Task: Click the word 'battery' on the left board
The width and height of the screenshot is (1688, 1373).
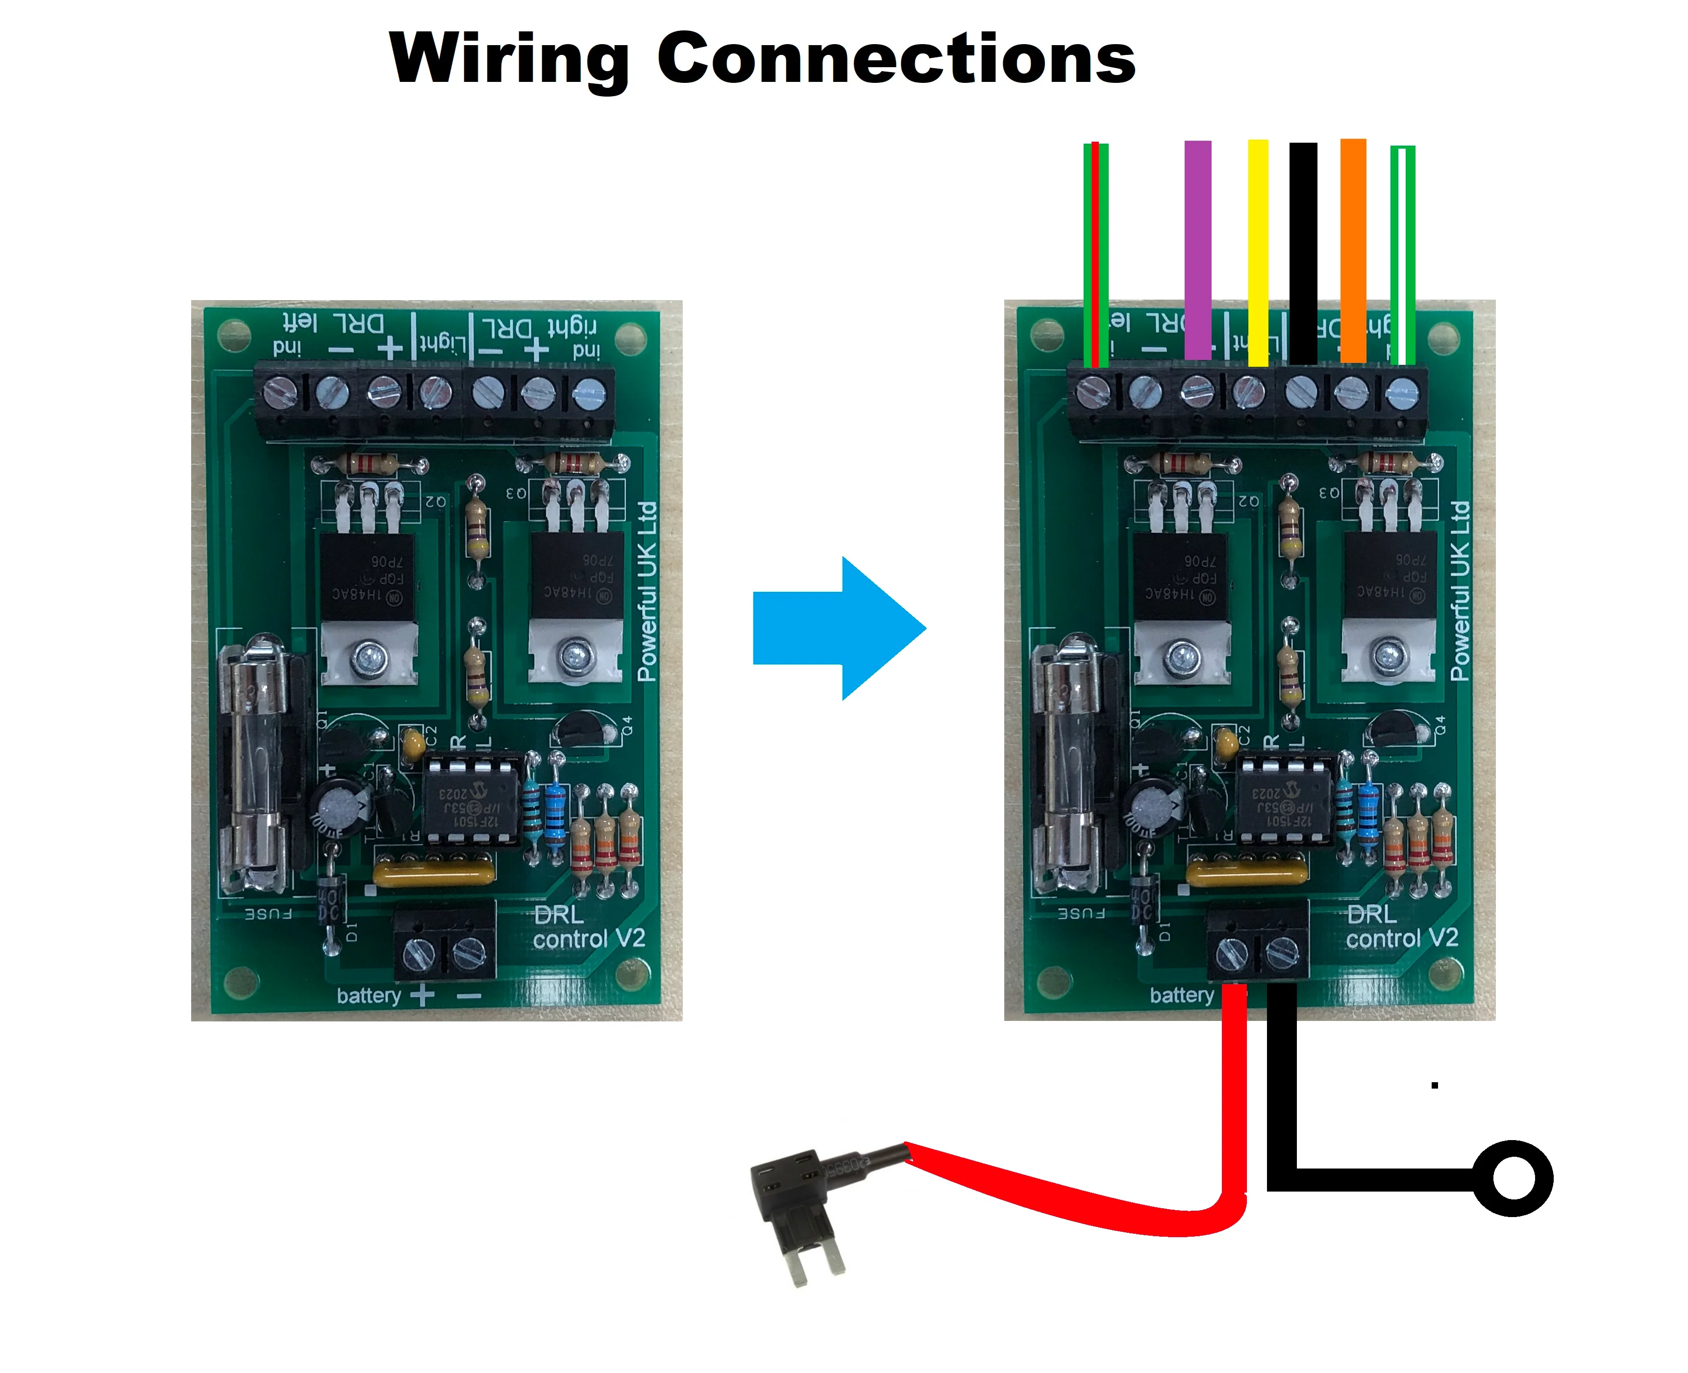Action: [x=369, y=995]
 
